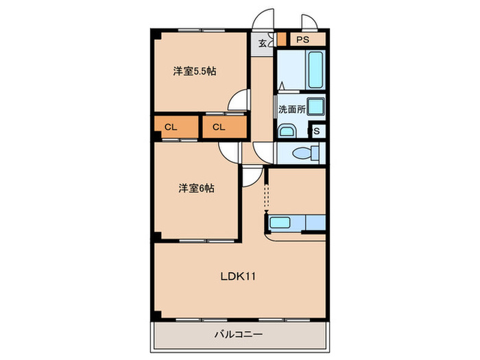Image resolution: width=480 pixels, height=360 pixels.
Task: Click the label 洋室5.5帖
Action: tap(195, 71)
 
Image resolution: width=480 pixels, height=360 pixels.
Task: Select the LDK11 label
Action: tap(238, 277)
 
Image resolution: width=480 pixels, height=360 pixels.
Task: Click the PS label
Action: tap(302, 40)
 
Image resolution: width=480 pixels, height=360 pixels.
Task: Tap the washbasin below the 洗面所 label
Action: tap(287, 130)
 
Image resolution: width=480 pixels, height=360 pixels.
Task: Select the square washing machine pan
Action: tap(315, 107)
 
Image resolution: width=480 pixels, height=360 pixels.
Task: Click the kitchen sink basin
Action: tap(281, 221)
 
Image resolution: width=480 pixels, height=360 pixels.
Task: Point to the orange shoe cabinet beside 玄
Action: tap(281, 40)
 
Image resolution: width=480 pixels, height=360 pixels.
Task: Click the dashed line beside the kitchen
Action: tap(266, 199)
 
